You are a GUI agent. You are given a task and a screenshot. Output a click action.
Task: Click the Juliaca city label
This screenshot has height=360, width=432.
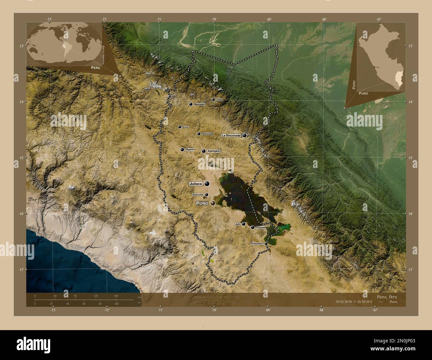pyautogui.click(x=196, y=183)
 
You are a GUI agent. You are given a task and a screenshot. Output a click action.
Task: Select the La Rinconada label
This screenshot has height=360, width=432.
pyautogui.click(x=231, y=135)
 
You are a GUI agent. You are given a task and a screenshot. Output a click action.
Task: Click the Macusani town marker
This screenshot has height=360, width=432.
pyautogui.click(x=191, y=104)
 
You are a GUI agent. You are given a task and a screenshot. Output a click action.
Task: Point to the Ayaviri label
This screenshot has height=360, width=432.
pyautogui.click(x=190, y=150)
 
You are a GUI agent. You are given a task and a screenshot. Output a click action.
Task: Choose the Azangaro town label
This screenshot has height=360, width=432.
pyautogui.click(x=213, y=151)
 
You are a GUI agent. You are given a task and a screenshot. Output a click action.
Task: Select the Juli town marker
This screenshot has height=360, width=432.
pyautogui.click(x=244, y=225)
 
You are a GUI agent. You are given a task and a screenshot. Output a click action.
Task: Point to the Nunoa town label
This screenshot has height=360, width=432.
pyautogui.click(x=185, y=127)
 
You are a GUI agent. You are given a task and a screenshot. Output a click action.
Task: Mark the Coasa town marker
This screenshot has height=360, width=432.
pyautogui.click(x=213, y=99)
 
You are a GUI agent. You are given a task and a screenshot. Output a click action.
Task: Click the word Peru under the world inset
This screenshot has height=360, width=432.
pyautogui.click(x=92, y=67)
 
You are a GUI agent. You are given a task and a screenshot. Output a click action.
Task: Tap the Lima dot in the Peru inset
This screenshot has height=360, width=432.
pyautogui.click(x=374, y=67)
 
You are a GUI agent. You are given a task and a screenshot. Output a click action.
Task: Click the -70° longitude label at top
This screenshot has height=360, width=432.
pyautogui.click(x=214, y=19)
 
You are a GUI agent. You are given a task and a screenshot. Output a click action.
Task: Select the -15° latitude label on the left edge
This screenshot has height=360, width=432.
pyautogui.click(x=21, y=158)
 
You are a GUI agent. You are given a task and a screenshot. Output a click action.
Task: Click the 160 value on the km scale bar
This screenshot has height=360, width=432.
pyautogui.click(x=116, y=296)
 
